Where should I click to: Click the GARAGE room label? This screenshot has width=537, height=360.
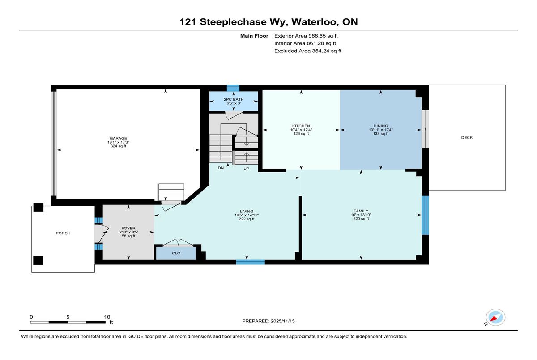118,138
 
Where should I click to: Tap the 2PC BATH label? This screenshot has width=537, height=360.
234,99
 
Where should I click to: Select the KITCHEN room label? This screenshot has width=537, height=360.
301,126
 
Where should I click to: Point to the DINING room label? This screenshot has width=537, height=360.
380,126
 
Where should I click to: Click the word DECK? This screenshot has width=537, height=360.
467,137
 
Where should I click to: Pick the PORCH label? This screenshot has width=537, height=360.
63,233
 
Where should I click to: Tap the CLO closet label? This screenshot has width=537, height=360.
176,253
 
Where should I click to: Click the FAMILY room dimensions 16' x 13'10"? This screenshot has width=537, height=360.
361,215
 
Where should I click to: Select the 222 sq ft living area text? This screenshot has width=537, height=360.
247,219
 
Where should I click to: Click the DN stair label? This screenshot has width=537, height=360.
221,168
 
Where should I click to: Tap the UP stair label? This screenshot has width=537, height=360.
246,169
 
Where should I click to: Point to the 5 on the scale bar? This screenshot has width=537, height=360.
68,317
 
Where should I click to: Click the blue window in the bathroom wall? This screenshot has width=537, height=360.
233,88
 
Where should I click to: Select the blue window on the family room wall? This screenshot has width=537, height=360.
425,215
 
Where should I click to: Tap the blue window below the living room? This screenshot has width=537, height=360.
250,262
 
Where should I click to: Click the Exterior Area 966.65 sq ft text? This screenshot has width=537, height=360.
306,36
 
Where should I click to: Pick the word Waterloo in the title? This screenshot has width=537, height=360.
315,22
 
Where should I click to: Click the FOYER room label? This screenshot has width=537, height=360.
128,228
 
